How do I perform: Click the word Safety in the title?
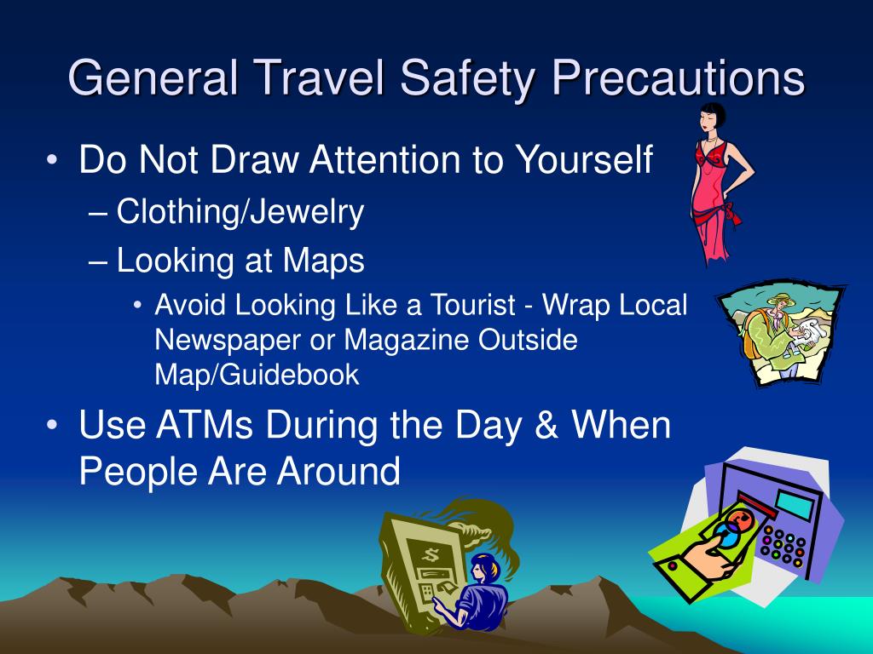(x=467, y=79)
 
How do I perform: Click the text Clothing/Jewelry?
(x=240, y=212)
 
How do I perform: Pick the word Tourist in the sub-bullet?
(x=472, y=305)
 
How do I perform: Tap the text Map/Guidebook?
(x=257, y=375)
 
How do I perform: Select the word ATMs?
(x=205, y=425)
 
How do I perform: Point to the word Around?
(x=338, y=471)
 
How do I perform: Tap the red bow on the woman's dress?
(x=730, y=213)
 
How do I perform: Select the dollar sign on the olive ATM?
(x=431, y=554)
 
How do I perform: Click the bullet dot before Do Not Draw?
(x=52, y=160)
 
